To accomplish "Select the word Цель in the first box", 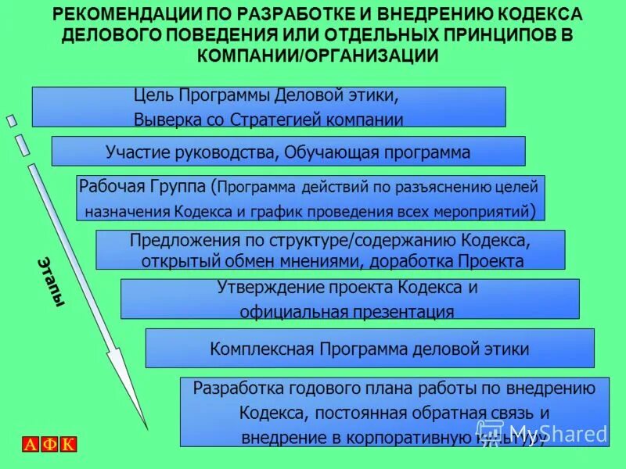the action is pos(153,95).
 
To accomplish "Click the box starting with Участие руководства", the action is pos(288,152).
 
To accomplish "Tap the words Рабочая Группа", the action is pos(143,187).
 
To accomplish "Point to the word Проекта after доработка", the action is pos(491,260).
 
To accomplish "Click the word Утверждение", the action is pos(269,287).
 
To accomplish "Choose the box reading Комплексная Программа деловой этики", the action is pos(369,349).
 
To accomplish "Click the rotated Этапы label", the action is pos(49,281).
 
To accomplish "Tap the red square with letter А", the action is pos(30,445).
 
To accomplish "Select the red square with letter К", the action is pos(68,445).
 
